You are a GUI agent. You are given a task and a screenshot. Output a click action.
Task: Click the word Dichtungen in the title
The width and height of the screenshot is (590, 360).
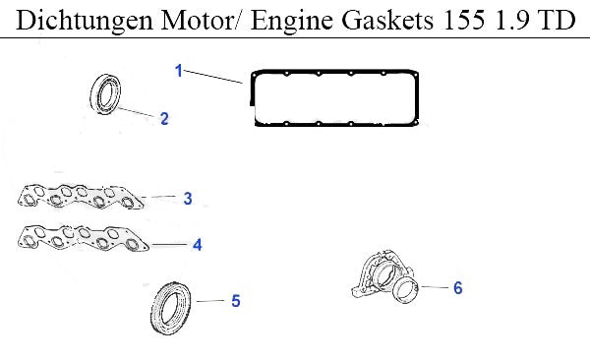[85, 21]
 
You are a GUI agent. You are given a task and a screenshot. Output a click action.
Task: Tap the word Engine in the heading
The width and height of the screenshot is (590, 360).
[292, 21]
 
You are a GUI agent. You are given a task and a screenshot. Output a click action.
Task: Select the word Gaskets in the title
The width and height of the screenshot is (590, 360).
[387, 20]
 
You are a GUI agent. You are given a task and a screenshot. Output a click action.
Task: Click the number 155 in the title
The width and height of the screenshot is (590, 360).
[464, 20]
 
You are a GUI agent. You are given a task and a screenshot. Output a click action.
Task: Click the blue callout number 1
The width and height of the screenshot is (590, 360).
[179, 71]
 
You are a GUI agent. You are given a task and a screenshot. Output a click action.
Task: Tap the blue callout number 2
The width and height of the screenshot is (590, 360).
[164, 119]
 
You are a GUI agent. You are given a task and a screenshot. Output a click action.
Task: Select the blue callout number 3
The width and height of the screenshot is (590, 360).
[188, 198]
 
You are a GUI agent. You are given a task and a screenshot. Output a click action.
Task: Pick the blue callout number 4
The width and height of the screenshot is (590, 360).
[198, 245]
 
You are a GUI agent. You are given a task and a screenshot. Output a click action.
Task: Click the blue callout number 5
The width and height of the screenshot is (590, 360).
[236, 301]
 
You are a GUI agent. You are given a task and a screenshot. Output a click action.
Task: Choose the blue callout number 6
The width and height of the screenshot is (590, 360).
[457, 288]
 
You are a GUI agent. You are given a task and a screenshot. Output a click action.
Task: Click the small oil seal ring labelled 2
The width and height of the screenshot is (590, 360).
[95, 94]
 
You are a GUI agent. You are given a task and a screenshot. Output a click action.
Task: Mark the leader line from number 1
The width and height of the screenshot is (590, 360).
[213, 77]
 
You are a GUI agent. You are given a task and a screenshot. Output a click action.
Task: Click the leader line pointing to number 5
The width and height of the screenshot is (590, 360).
[210, 301]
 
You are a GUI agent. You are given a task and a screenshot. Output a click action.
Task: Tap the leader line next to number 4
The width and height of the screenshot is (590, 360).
[169, 245]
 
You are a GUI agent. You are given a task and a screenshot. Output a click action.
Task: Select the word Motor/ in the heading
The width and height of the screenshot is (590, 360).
[203, 20]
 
